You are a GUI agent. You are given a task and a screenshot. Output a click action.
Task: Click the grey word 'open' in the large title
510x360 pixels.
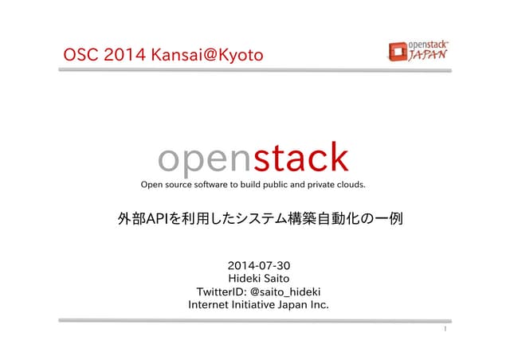204,159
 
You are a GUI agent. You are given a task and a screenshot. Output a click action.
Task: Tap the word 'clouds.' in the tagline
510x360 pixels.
348,186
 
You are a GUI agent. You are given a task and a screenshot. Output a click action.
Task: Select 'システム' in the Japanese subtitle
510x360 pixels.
267,217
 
